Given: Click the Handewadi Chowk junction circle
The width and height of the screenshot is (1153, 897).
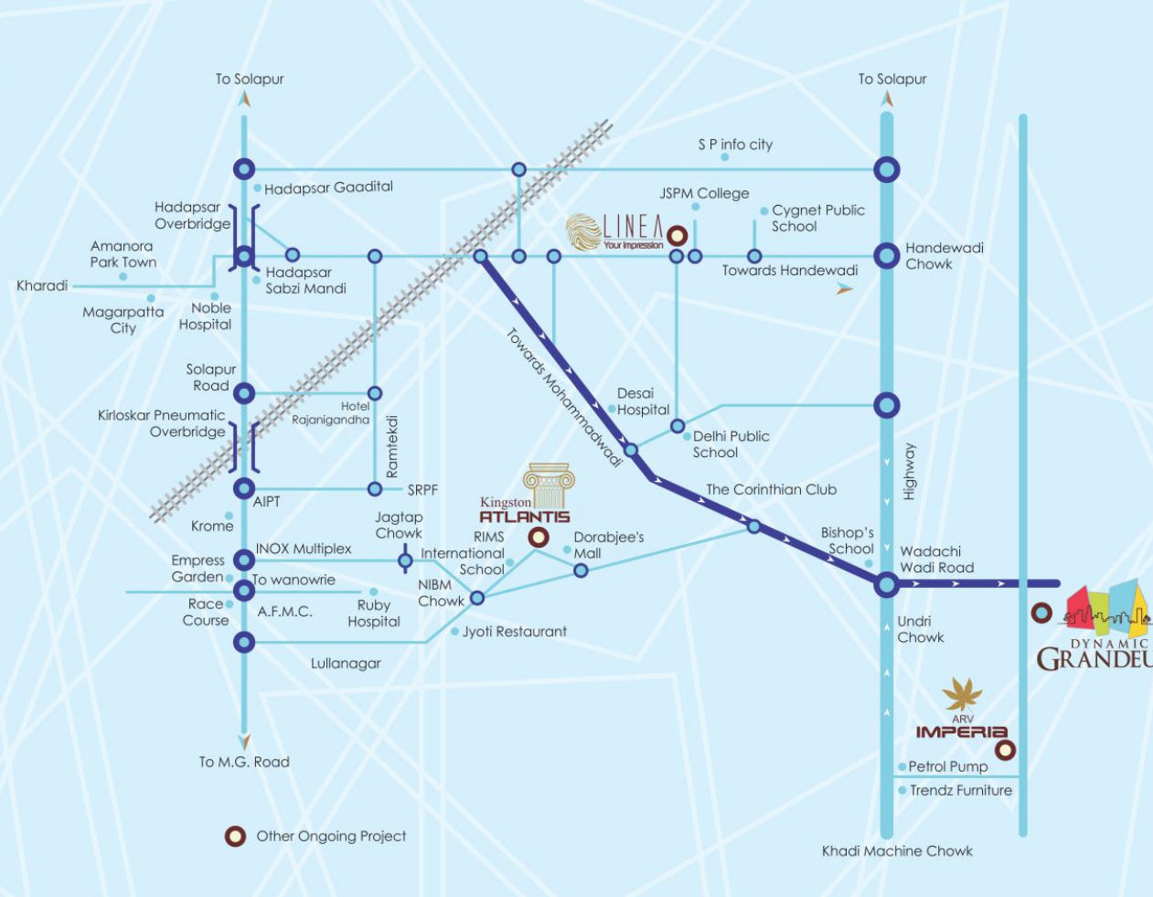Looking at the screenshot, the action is pos(886,256).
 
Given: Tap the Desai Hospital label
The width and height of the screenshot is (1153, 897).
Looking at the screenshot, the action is pos(643,401).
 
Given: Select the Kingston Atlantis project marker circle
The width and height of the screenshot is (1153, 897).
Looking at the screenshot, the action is pos(538,538).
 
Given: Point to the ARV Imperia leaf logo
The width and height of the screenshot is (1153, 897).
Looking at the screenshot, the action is pos(962,693).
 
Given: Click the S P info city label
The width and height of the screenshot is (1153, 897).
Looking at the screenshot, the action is pos(735,144).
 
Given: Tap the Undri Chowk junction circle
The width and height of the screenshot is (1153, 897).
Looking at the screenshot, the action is pos(886,585).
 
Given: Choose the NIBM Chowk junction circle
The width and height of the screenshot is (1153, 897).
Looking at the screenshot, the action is pos(477,598).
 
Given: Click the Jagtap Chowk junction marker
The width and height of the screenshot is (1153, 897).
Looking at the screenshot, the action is pos(405,560).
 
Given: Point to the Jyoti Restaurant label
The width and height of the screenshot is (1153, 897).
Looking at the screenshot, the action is pos(514,631).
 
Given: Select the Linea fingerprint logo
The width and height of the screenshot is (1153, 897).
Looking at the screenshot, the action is pos(583,230).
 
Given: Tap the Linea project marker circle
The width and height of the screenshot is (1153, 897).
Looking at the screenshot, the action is pos(677,236).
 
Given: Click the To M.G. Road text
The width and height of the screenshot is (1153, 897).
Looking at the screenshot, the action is pos(245,762).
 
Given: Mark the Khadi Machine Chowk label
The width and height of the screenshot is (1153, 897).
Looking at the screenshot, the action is pos(897,851).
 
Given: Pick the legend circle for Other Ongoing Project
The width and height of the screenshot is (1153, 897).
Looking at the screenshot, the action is pos(235,836).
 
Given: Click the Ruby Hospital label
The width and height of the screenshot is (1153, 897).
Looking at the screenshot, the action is pos(374,614).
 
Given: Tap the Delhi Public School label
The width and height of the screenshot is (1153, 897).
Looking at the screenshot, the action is pos(731,444).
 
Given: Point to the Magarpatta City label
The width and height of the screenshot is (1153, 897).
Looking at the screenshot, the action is pos(123,319).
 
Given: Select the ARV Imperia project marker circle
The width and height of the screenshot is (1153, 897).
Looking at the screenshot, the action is pos(1005,750).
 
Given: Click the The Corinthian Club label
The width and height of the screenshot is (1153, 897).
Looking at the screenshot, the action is pos(771,489).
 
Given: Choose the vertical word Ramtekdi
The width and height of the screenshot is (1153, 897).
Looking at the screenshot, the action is pos(391,446).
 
